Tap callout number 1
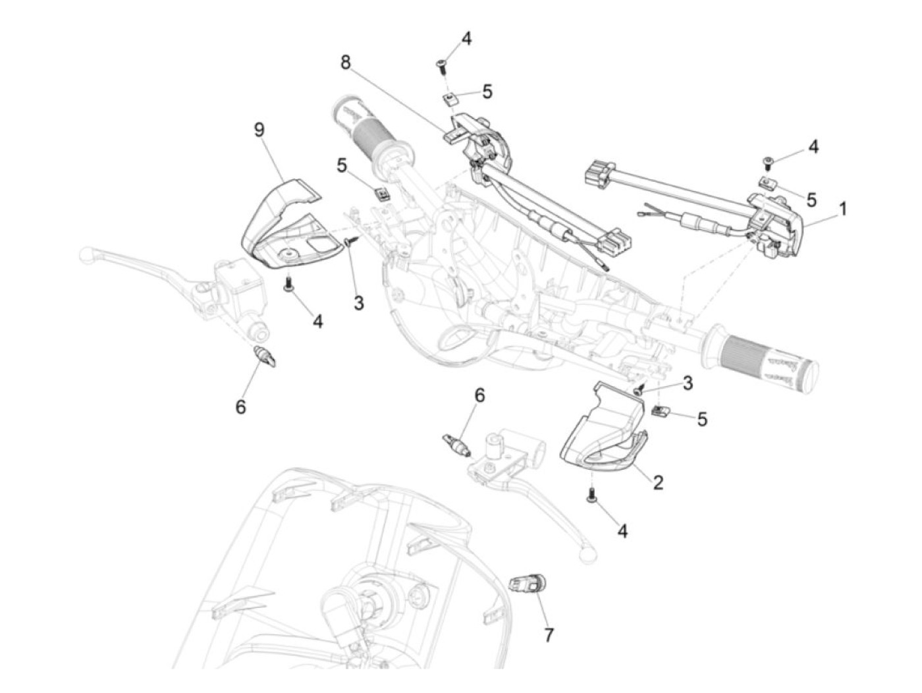(842, 209)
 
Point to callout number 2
(657, 483)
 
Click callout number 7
(549, 634)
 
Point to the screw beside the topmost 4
(441, 65)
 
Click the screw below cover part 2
(591, 495)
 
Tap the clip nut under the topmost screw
(450, 99)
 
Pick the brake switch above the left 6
(266, 356)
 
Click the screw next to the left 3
(350, 243)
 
